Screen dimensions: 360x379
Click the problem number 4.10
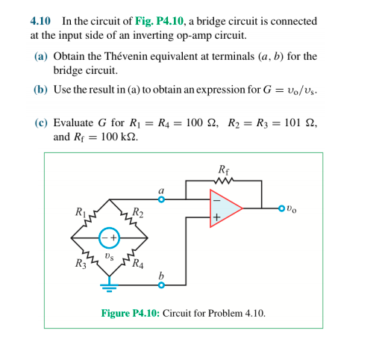[x=40, y=21]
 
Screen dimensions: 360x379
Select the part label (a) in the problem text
[x=42, y=57]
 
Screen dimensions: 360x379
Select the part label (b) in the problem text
[x=42, y=89]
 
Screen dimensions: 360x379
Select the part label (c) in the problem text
[x=42, y=123]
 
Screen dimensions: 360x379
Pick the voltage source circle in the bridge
[x=110, y=239]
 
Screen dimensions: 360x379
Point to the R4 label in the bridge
[x=137, y=263]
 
